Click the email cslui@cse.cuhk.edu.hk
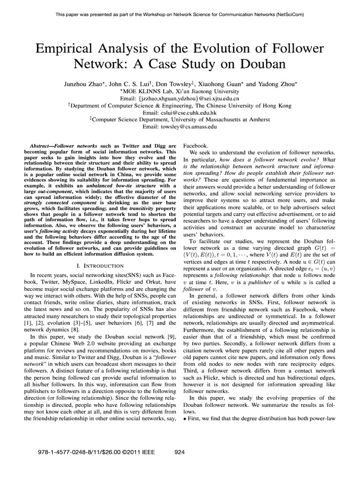coord(180,113)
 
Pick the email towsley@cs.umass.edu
coord(180,127)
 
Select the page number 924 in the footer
coord(180,452)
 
